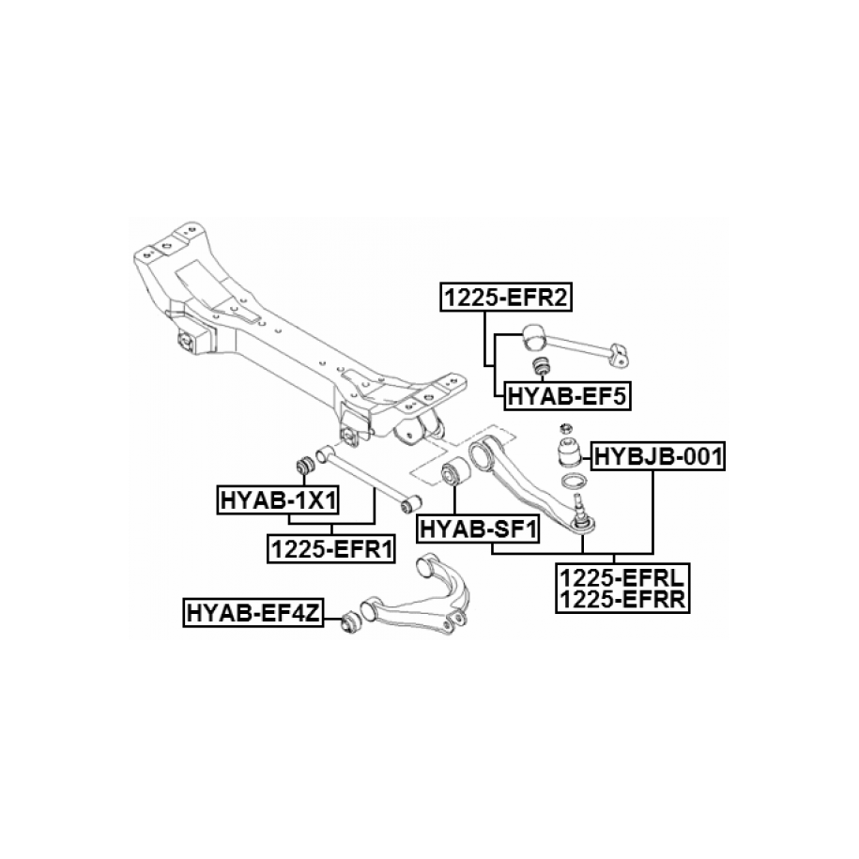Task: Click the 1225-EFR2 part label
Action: (x=508, y=299)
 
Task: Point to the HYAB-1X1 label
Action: (x=278, y=499)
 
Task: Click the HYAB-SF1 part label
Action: (x=478, y=530)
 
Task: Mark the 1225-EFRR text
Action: (x=621, y=599)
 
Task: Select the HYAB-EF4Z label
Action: (x=253, y=614)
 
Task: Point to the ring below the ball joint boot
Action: (x=574, y=483)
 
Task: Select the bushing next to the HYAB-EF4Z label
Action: (x=348, y=621)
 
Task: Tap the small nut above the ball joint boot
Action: (x=568, y=427)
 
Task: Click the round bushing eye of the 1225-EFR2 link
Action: (x=533, y=334)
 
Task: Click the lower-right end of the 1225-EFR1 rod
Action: (x=409, y=499)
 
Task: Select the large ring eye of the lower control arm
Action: (x=483, y=457)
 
